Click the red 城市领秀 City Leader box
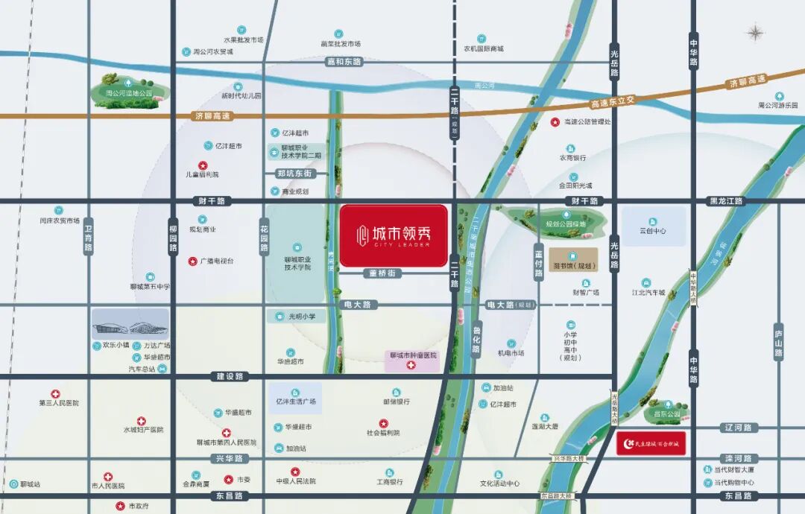point(394,235)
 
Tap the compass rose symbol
point(757,33)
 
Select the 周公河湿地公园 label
point(129,93)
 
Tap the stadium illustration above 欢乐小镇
point(130,326)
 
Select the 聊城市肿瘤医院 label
point(413,356)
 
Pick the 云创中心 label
point(653,231)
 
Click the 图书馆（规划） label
point(573,265)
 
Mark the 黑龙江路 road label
point(726,201)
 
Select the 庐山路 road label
point(778,343)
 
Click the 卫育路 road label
point(88,238)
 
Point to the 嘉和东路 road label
point(344,62)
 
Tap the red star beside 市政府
point(120,506)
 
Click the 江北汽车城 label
point(648,293)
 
